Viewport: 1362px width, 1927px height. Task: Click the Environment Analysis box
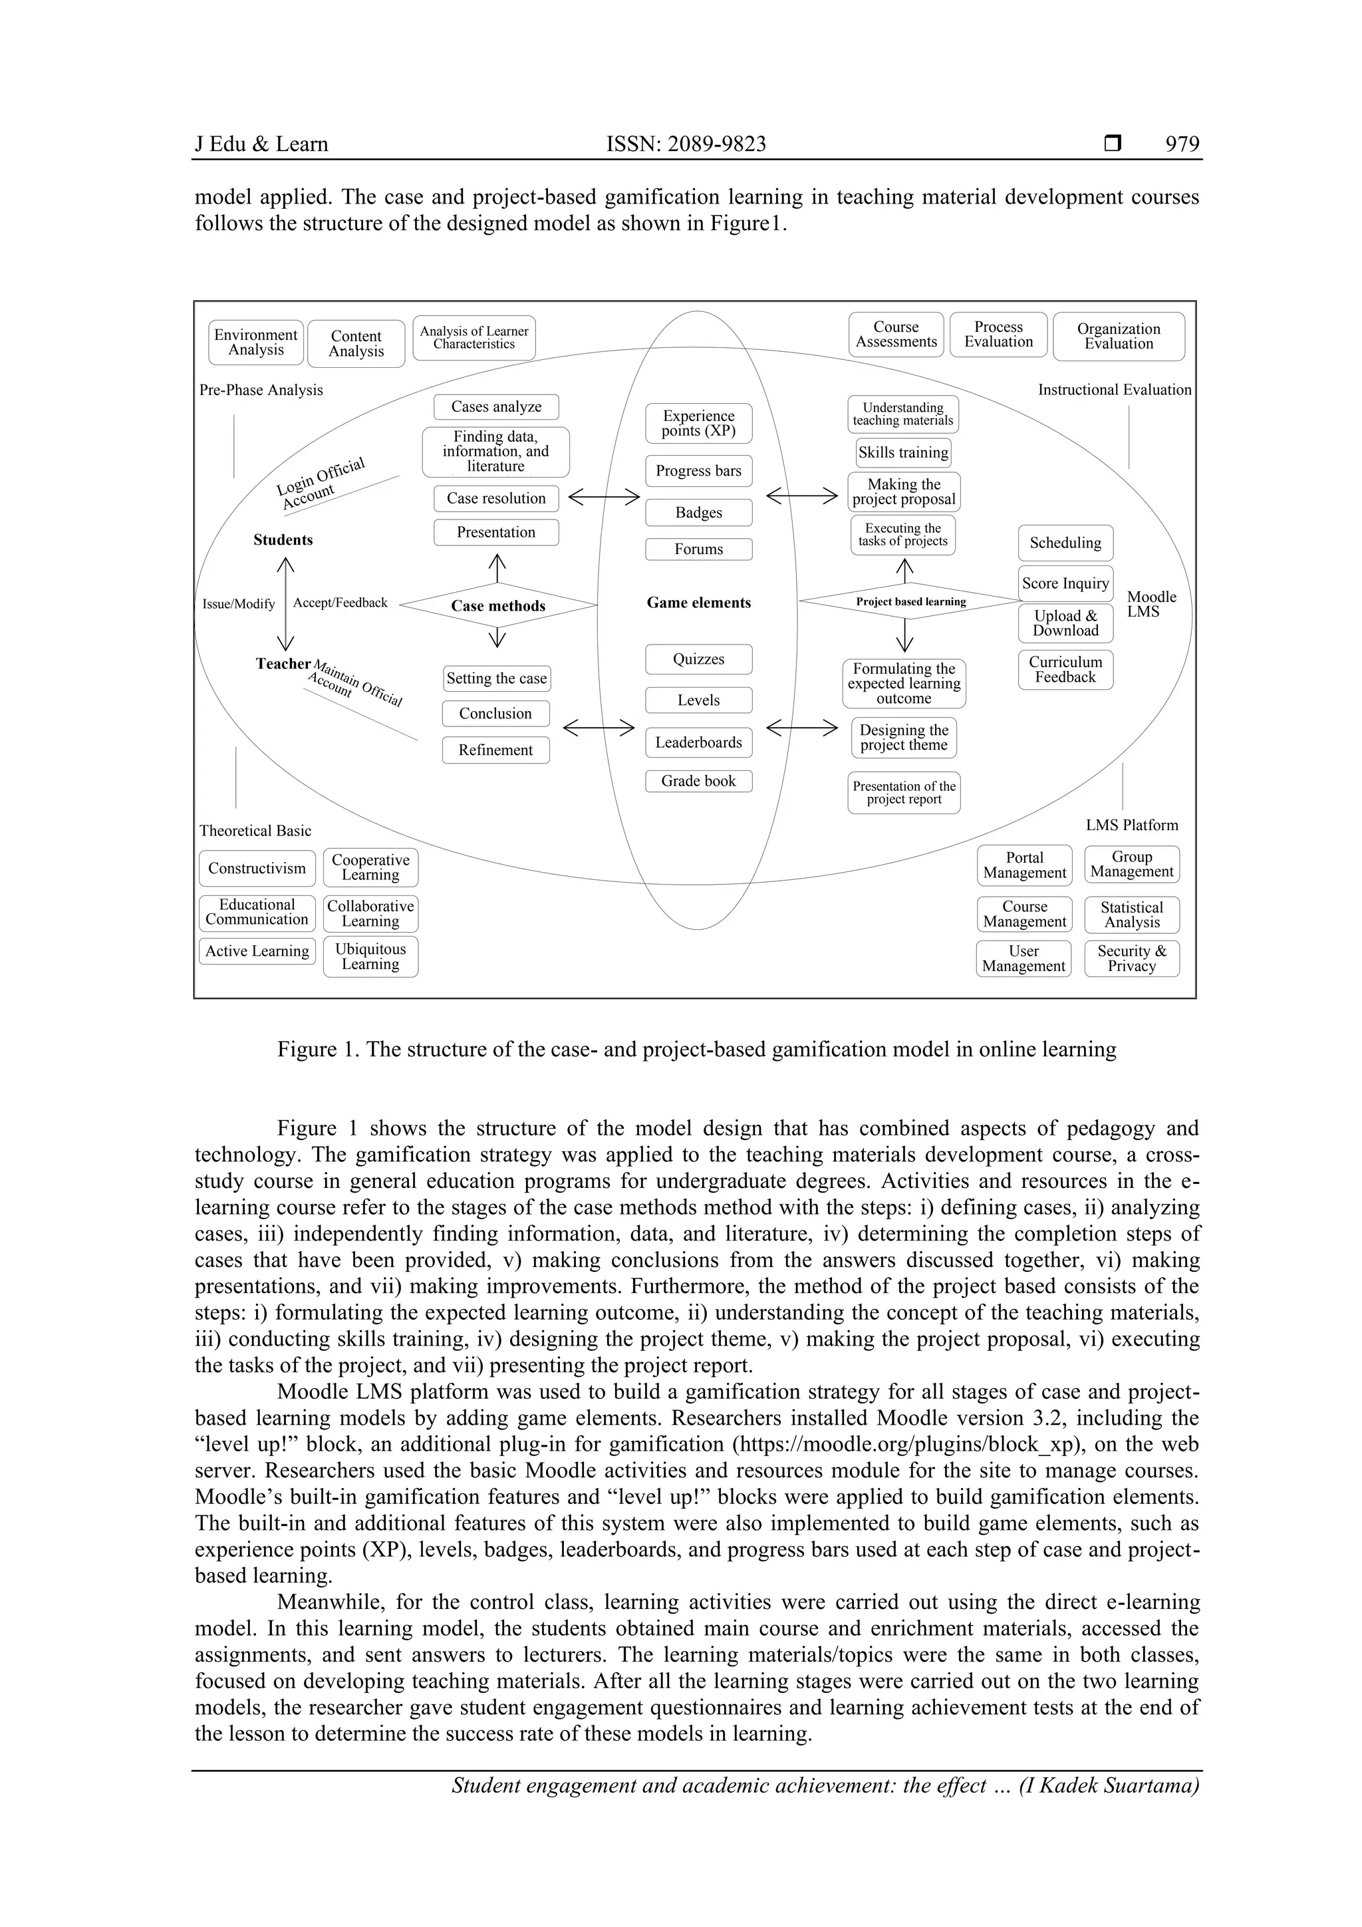point(256,343)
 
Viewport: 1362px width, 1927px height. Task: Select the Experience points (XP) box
point(698,423)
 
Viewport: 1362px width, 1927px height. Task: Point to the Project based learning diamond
point(910,601)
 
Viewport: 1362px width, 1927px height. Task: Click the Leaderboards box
point(698,742)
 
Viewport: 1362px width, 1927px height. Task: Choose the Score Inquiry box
point(1065,583)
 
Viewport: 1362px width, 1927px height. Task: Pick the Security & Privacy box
point(1131,959)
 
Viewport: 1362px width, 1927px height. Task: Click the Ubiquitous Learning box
point(370,957)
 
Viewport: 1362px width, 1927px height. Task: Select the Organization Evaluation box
point(1118,337)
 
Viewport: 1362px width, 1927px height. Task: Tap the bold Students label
point(283,539)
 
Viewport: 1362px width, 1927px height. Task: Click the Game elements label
point(698,603)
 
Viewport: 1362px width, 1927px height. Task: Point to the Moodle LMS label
point(1151,604)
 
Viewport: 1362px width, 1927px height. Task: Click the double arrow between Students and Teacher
point(286,603)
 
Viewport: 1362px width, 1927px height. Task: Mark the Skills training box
point(903,452)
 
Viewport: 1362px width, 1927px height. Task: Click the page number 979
point(1182,144)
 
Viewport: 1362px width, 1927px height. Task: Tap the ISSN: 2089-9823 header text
point(686,144)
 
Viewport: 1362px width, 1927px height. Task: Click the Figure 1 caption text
point(696,1049)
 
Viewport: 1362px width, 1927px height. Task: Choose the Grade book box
point(698,780)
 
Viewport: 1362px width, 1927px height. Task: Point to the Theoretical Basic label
point(255,830)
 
